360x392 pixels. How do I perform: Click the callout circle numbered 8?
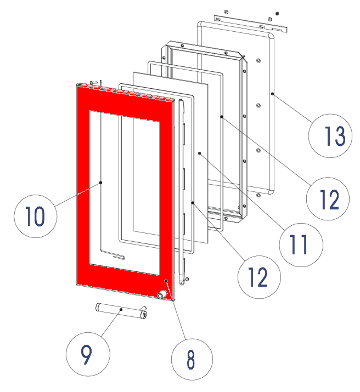pos(192,359)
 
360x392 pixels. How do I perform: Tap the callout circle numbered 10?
pos(35,216)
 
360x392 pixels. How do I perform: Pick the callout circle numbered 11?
pos(301,245)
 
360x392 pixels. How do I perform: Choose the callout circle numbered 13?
pos(330,136)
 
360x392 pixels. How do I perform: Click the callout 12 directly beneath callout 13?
pos(328,199)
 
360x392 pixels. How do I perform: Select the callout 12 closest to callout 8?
pos(259,277)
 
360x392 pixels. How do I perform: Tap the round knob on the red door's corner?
pos(162,295)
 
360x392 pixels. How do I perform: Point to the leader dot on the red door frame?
pos(166,280)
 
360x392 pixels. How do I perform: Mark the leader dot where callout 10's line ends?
pos(101,182)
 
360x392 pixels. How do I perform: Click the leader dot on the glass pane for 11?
pos(199,154)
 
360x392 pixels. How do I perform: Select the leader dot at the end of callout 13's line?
pos(272,94)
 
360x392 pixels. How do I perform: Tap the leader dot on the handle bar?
pos(121,309)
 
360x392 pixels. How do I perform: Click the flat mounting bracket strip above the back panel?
pos(250,24)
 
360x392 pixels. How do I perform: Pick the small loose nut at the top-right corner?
pos(277,13)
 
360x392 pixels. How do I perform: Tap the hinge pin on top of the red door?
pos(94,82)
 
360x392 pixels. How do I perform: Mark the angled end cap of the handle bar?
pos(144,313)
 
